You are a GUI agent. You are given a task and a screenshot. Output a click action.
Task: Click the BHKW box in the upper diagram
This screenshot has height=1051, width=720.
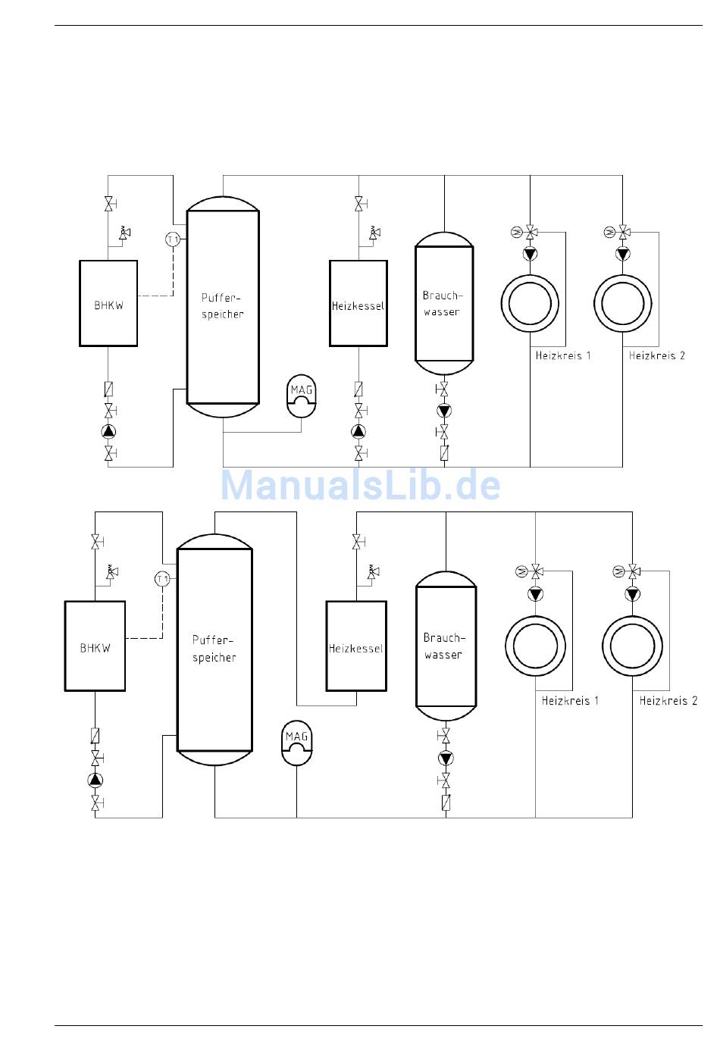[108, 304]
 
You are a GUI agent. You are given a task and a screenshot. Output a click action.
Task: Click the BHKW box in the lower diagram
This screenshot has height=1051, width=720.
[95, 646]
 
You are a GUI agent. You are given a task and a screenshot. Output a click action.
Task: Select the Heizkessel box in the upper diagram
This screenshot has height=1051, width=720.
[358, 303]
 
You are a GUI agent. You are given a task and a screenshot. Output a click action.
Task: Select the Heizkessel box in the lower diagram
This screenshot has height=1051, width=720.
[356, 646]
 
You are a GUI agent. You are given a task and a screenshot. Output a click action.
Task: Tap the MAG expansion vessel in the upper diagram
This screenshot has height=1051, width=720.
[302, 396]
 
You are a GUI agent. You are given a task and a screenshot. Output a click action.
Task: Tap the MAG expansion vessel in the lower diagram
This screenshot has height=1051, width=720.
[296, 743]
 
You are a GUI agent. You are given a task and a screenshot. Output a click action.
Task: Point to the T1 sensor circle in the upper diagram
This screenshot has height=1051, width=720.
[173, 239]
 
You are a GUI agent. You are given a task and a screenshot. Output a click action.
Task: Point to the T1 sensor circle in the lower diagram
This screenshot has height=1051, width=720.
[162, 580]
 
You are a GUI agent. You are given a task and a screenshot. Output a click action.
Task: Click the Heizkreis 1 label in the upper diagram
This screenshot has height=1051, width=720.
[563, 355]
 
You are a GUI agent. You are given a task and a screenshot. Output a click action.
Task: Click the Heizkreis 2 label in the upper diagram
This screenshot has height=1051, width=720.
[657, 355]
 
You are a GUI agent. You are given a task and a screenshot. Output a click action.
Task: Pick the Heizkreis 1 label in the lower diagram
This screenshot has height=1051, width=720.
[570, 701]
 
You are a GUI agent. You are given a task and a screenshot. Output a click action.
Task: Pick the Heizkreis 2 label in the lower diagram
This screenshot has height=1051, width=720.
[668, 701]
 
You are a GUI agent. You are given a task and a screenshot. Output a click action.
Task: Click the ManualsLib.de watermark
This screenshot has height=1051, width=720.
[361, 485]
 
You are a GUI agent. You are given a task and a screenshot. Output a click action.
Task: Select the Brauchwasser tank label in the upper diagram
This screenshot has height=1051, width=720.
[443, 303]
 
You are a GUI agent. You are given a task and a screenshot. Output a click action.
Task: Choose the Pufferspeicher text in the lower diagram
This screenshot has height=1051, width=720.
[214, 649]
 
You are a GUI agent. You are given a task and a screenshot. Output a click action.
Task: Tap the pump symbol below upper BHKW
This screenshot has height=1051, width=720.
[109, 432]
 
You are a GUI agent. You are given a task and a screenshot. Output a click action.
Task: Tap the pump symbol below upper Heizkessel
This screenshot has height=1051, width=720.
[358, 432]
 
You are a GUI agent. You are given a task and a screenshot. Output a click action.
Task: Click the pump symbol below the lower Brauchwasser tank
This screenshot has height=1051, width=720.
[446, 759]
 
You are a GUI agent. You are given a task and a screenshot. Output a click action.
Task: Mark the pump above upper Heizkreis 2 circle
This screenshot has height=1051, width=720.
[623, 253]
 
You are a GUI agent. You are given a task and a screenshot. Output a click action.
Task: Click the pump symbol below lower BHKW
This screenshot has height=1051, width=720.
[95, 780]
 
